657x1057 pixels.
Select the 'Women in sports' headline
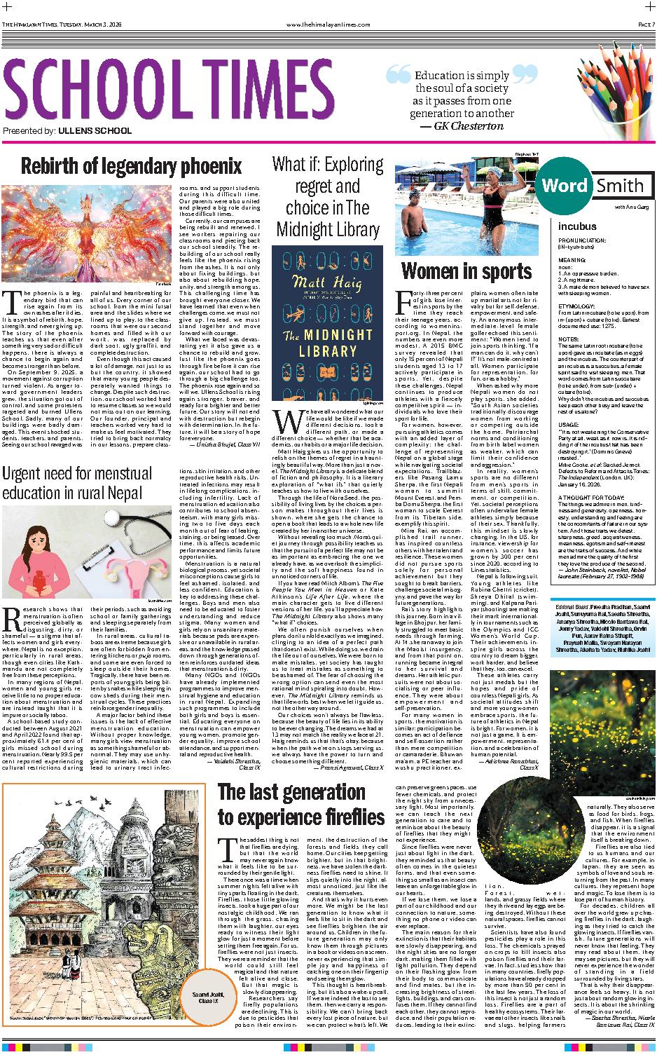(x=466, y=271)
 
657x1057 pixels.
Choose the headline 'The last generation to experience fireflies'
(x=301, y=805)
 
